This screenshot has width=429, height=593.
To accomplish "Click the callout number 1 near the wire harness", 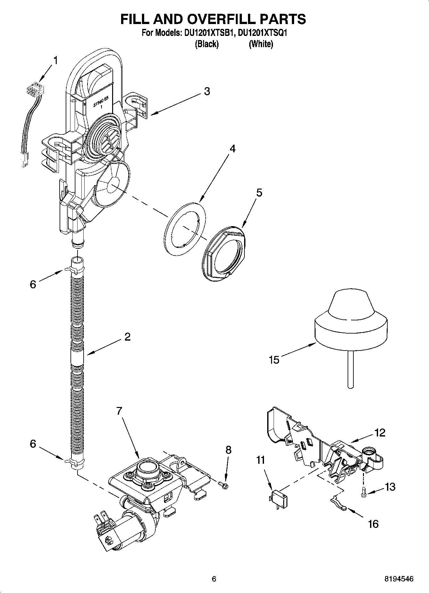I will (x=56, y=60).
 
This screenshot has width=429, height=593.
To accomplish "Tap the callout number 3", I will (x=207, y=91).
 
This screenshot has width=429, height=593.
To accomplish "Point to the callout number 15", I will (x=274, y=360).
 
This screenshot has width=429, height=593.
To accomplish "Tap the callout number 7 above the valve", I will (x=119, y=411).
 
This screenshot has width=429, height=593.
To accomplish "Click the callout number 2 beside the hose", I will (x=127, y=337).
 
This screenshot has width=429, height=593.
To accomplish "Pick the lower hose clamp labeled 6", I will (x=73, y=462).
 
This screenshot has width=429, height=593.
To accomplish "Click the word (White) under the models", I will (x=261, y=44).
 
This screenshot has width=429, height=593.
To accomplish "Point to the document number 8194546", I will (x=399, y=579).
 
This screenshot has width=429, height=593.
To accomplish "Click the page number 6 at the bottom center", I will (x=214, y=579).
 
